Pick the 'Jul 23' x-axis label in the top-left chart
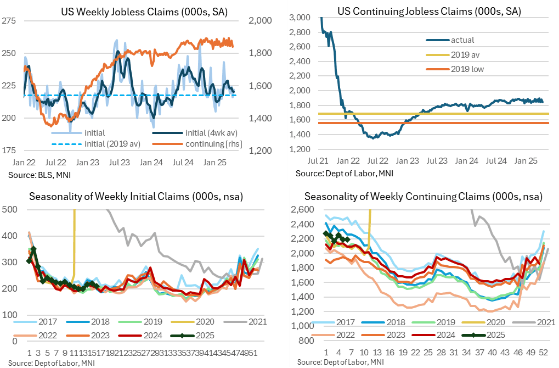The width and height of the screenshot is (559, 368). (x=116, y=163)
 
